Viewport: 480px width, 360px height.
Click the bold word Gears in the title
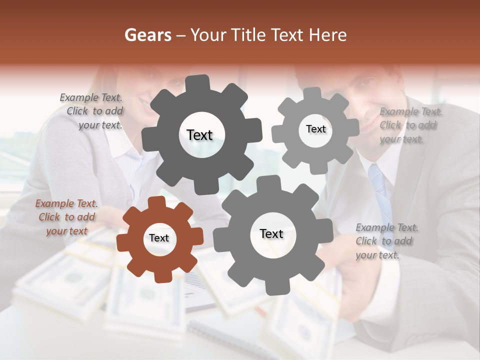point(148,35)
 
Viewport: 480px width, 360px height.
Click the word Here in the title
point(328,35)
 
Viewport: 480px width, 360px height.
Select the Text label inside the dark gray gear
point(200,135)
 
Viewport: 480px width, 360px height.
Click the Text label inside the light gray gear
point(315,129)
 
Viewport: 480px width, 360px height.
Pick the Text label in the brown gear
point(159,238)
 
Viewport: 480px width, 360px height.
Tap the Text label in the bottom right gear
point(271,234)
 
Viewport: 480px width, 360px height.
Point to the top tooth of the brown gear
point(156,203)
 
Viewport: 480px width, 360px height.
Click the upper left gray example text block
point(93,111)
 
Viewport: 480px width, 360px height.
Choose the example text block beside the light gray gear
point(409,125)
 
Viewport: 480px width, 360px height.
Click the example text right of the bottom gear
point(386,241)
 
